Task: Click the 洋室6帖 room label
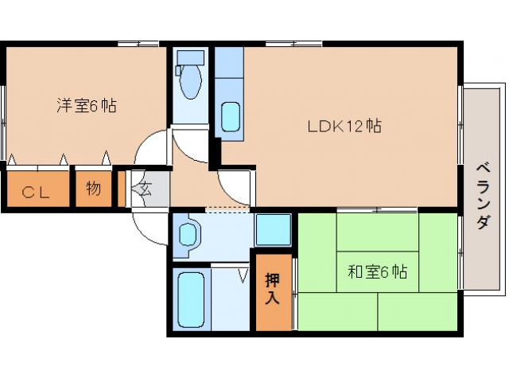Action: pos(86,105)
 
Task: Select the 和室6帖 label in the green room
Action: pos(377,271)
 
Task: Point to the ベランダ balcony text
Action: pos(483,195)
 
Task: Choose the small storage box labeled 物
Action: pos(93,189)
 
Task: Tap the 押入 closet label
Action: pos(273,290)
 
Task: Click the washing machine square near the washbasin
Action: pos(273,230)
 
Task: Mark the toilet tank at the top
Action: pos(189,57)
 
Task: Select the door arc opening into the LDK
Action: pos(232,188)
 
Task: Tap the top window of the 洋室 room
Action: pos(140,43)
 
